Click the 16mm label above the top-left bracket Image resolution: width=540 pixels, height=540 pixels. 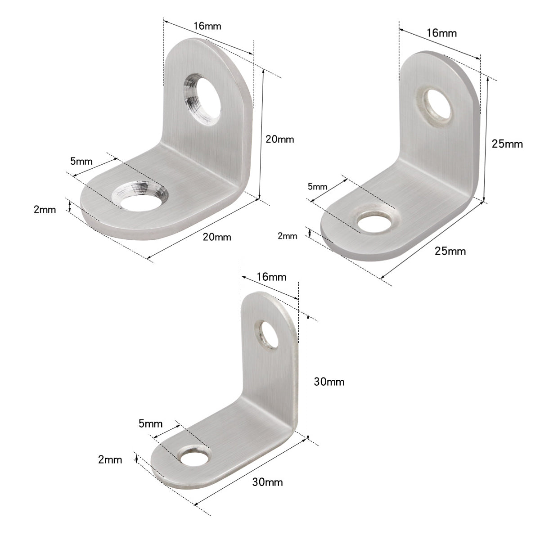coord(207,26)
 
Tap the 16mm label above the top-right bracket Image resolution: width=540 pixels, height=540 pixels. coord(441,33)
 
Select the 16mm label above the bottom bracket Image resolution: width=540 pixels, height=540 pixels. coord(271,277)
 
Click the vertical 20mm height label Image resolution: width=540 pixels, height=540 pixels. coord(279,139)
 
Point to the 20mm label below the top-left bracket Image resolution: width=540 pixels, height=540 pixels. coord(217,237)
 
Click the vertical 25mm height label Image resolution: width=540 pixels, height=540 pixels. coord(507,144)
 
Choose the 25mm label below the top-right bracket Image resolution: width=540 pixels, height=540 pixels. coord(450,251)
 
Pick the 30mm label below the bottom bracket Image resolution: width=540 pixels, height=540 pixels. coord(267,482)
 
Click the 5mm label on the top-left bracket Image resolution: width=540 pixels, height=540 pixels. coord(81,161)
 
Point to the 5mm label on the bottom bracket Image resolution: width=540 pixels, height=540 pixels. coord(151,423)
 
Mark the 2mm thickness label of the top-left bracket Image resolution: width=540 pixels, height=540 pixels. coord(45,209)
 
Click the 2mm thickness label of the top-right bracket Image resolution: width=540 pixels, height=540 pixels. coord(288,236)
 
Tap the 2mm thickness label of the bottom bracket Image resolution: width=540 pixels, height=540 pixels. coord(110,459)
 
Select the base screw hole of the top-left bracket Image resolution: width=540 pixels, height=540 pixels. coord(139,197)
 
